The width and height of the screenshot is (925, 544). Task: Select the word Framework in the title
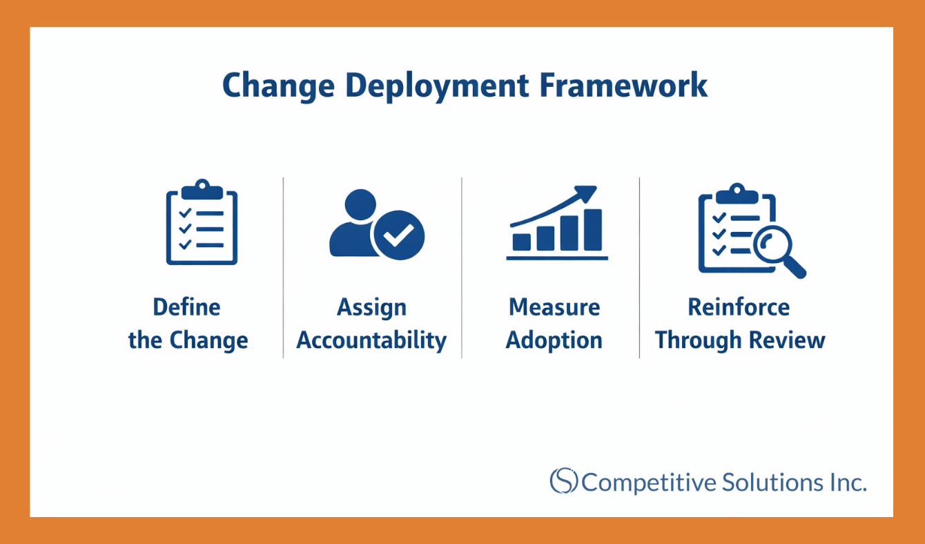[624, 86]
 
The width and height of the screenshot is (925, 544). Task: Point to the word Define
[186, 307]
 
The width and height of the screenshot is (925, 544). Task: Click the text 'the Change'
[188, 340]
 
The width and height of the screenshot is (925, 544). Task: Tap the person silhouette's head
[359, 205]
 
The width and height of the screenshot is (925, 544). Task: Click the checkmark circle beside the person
[398, 234]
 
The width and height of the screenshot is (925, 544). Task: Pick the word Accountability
[371, 340]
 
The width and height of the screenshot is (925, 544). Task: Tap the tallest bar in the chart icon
[593, 229]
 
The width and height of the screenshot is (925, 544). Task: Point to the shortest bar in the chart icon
[522, 241]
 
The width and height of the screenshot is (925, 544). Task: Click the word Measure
[554, 307]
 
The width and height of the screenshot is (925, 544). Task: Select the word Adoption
[554, 340]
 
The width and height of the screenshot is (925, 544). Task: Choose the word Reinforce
[739, 307]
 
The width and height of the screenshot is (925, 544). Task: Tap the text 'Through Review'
[740, 340]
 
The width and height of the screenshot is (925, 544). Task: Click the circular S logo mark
[563, 480]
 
